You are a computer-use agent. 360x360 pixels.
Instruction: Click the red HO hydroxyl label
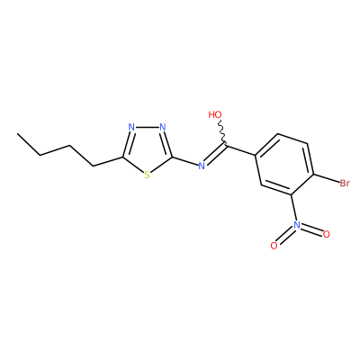(x=215, y=114)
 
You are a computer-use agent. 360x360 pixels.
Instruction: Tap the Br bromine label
(x=345, y=183)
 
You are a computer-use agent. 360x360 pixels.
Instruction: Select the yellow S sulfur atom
(x=147, y=175)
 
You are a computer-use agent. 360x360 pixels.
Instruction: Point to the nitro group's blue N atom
(x=297, y=225)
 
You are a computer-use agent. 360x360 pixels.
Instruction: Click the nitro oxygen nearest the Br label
(x=327, y=234)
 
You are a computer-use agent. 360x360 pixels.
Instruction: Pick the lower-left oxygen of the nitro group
(x=274, y=246)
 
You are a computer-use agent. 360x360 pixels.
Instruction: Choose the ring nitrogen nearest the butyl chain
(x=131, y=127)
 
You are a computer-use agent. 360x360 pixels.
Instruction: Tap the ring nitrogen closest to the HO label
(x=163, y=127)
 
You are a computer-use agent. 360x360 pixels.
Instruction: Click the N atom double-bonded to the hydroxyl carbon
(x=202, y=166)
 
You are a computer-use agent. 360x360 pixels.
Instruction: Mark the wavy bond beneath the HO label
(x=222, y=132)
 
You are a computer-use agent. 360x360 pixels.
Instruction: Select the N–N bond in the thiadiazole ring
(x=147, y=127)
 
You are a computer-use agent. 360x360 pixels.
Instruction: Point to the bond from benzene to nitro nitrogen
(x=293, y=208)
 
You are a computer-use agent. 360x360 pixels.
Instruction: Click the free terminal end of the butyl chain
(x=18, y=134)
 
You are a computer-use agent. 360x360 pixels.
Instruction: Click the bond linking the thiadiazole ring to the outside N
(x=185, y=161)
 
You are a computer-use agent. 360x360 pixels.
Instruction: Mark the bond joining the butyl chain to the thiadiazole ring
(x=108, y=161)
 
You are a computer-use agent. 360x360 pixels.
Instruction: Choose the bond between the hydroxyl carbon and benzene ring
(x=240, y=150)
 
